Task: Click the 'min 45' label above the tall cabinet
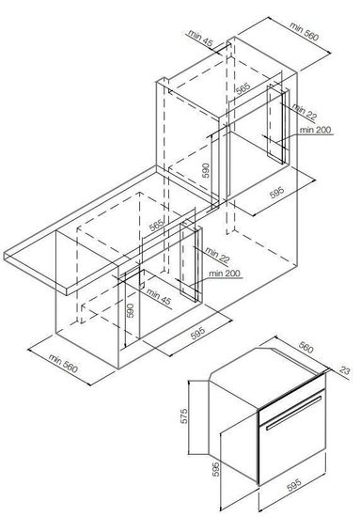click(201, 39)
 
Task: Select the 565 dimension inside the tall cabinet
click(243, 89)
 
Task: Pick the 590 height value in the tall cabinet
click(206, 171)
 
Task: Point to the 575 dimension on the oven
click(185, 413)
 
